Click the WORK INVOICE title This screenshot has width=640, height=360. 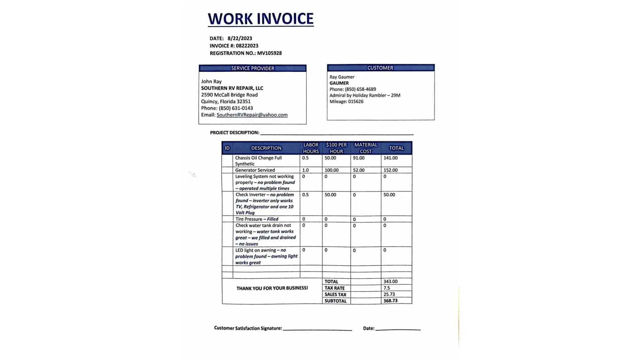pos(261,19)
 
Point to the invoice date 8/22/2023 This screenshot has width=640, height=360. pos(240,39)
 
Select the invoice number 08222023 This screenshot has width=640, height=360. pos(247,46)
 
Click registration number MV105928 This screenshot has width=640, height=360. pos(269,53)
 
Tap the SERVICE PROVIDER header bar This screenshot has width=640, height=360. pos(252,68)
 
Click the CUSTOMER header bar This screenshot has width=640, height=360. pos(380,68)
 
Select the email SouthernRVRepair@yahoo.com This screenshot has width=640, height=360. pos(252,115)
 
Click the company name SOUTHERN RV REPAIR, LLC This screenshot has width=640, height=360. pos(232,88)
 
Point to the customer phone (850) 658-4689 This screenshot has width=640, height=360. pos(360,89)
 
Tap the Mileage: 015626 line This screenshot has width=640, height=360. pos(346,102)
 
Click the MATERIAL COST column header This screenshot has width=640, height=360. pos(366,148)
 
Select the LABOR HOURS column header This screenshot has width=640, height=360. pos(311,148)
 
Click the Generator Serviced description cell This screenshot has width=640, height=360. pos(255,170)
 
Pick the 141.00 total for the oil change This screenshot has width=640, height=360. pos(391,158)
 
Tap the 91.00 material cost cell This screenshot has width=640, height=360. pos(359,158)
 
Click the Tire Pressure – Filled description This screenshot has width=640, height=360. pos(257,219)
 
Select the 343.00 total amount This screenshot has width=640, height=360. pos(391,282)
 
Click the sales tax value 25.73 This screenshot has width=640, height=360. pos(389,294)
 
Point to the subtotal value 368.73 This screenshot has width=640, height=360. pos(391,301)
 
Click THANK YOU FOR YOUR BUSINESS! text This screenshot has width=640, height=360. pos(272,288)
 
